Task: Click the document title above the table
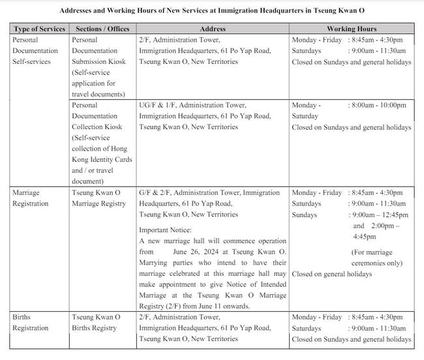pyautogui.click(x=213, y=11)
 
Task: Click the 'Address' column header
pyautogui.click(x=213, y=29)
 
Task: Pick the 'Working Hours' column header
pyautogui.click(x=351, y=29)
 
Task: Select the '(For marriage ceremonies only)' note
pyautogui.click(x=377, y=257)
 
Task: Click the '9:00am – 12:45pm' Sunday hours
pyautogui.click(x=380, y=215)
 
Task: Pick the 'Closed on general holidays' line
pyautogui.click(x=332, y=274)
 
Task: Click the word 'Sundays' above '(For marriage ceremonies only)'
pyautogui.click(x=305, y=215)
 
